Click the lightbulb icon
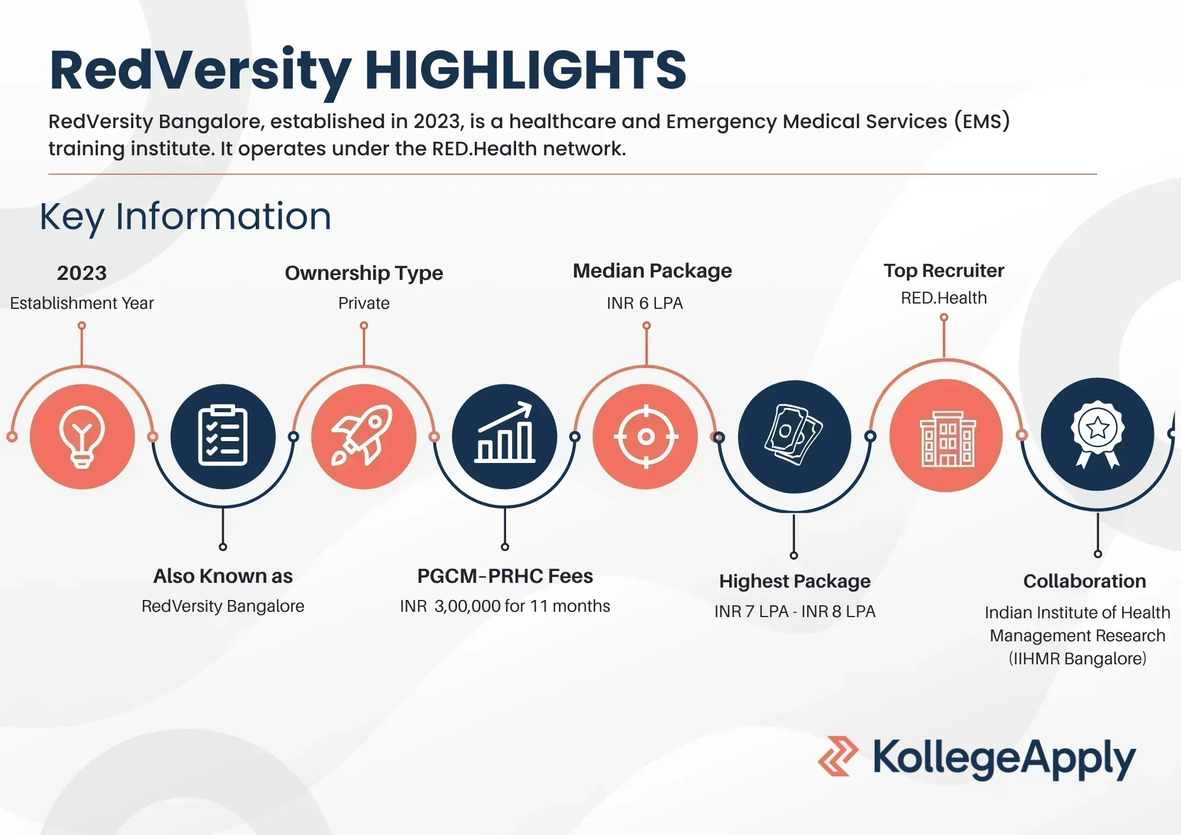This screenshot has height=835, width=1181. click(82, 437)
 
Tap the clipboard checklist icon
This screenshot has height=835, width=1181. click(223, 436)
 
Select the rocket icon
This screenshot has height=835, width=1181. click(363, 436)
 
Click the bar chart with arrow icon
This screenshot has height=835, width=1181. click(505, 432)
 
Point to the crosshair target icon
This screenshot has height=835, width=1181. click(646, 437)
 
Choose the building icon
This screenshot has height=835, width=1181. click(947, 439)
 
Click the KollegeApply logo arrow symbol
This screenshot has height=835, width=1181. click(838, 756)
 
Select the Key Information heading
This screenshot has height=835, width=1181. click(185, 217)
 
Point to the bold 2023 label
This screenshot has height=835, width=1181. click(81, 273)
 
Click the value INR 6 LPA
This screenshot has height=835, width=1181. click(645, 303)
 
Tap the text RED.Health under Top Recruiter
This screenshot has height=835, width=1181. click(944, 298)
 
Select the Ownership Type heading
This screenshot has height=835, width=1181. click(364, 273)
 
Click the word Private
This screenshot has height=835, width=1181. click(364, 303)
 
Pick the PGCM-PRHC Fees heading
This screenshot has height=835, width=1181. click(505, 576)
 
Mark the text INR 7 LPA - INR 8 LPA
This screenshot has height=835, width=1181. click(795, 611)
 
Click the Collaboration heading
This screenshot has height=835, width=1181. click(1085, 581)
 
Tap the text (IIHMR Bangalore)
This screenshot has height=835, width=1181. click(1078, 658)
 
